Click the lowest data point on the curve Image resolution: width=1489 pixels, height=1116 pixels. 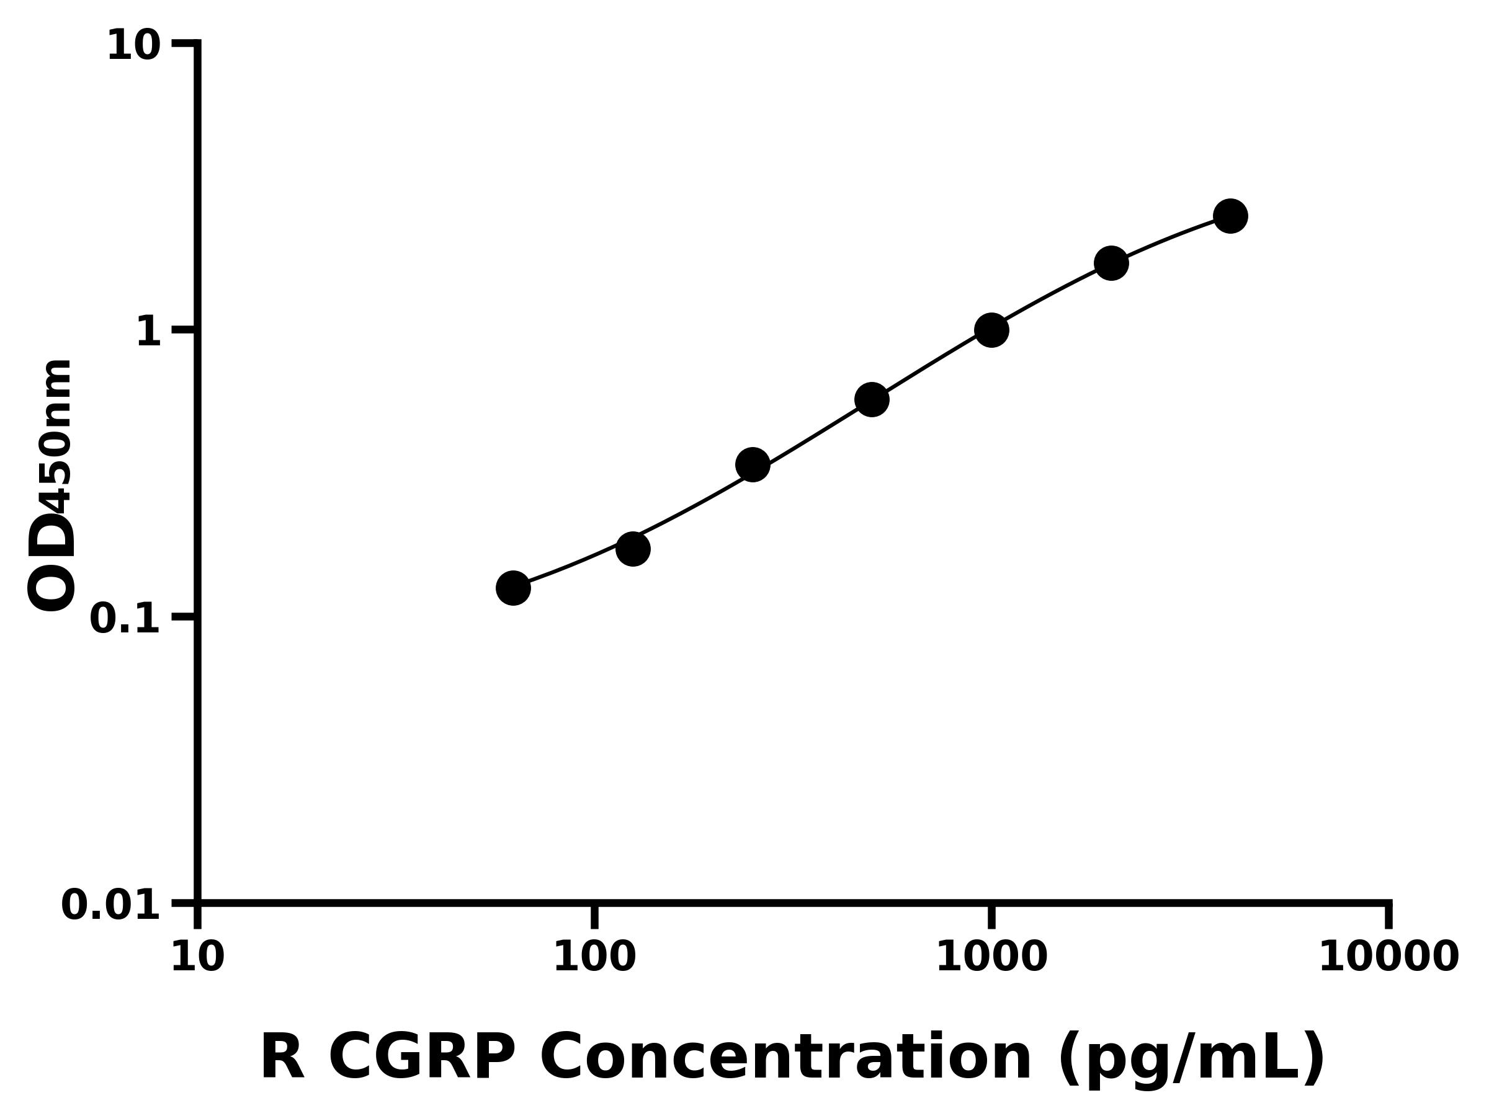click(x=513, y=588)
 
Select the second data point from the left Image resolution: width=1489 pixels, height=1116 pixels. click(x=633, y=549)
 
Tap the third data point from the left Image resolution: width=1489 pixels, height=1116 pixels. click(x=753, y=465)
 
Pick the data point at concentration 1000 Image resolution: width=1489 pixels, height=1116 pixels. click(x=991, y=330)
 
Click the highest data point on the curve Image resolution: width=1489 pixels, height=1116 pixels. click(x=1230, y=216)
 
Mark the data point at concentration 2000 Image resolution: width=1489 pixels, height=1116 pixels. click(x=1111, y=263)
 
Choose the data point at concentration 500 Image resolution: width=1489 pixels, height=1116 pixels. click(x=872, y=399)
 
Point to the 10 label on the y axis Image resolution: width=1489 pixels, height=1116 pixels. click(x=134, y=46)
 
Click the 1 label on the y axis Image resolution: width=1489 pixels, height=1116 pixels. click(x=148, y=332)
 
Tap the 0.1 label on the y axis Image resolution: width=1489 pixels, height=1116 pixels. click(x=125, y=619)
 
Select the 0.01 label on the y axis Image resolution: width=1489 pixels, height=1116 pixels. click(x=111, y=905)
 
